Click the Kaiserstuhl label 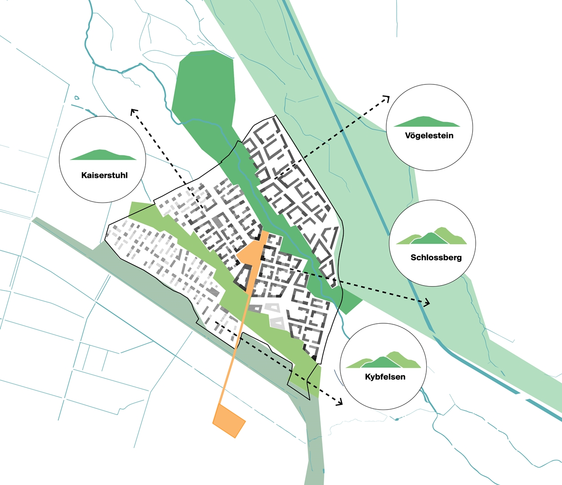click(x=104, y=175)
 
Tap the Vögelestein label click(x=429, y=136)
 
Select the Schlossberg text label click(x=436, y=258)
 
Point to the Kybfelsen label click(x=385, y=377)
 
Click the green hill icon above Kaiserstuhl click(x=103, y=155)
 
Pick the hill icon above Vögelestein click(x=427, y=122)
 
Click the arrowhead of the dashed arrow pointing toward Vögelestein click(x=387, y=98)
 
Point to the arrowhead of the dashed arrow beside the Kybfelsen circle click(x=339, y=402)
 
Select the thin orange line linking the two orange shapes click(x=234, y=350)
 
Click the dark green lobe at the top click(x=204, y=85)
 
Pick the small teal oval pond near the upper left click(x=77, y=97)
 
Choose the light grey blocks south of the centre click(x=274, y=315)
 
